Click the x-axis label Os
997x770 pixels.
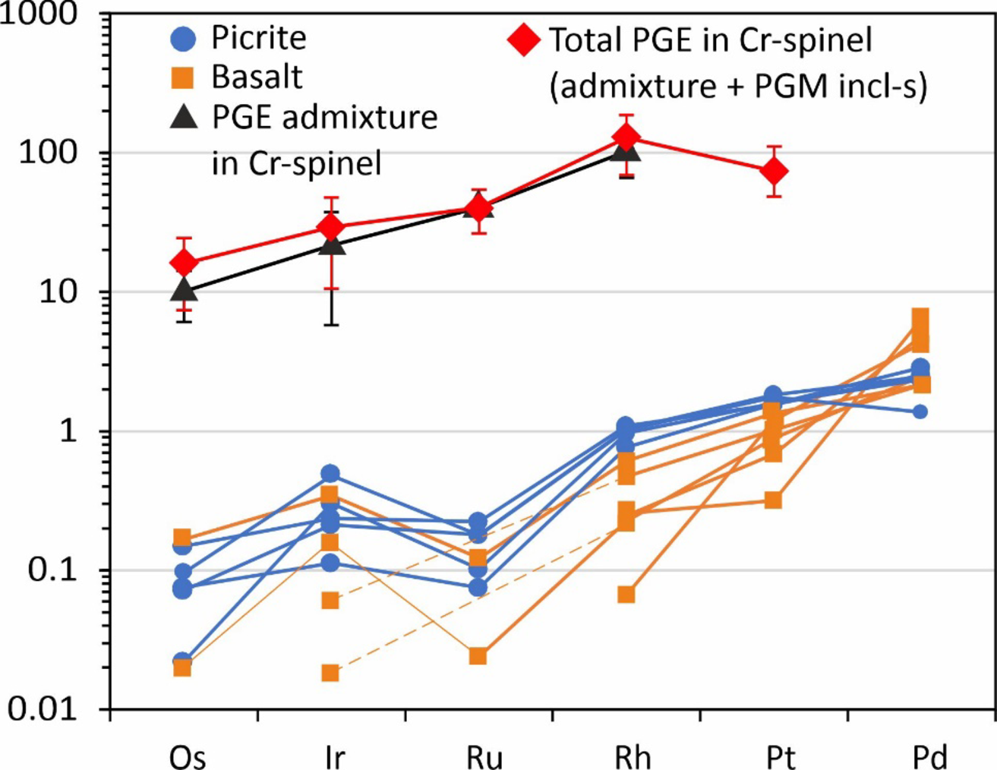pos(187,756)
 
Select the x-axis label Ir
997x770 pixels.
pos(333,756)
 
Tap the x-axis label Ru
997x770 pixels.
pos(484,756)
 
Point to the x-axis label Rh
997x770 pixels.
pos(632,756)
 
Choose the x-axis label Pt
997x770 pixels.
pos(780,756)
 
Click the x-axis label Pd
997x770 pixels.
pos(929,756)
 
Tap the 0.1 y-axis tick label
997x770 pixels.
pos(52,570)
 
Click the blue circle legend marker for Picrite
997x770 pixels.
pos(183,38)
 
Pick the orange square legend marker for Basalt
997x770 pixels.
pos(183,77)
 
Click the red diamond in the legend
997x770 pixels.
pos(524,39)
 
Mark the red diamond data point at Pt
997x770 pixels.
pos(774,172)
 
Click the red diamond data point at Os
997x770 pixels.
pos(183,263)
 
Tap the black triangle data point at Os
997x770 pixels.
pos(183,289)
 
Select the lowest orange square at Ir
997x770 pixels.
pos(330,673)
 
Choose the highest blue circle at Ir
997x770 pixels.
pos(330,474)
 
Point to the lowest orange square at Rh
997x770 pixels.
pos(626,594)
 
